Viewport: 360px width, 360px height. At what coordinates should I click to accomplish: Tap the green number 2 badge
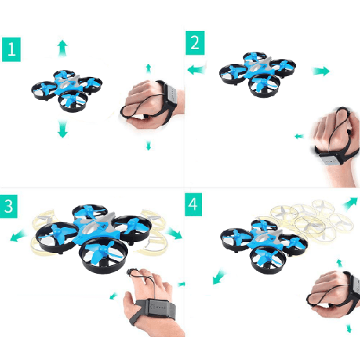click(x=194, y=42)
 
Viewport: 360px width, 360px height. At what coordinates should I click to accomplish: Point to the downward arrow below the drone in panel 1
click(x=63, y=129)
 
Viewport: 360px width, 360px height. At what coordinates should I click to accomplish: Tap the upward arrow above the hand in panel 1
click(x=149, y=69)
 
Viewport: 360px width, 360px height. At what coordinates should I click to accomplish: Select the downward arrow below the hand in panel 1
click(x=149, y=145)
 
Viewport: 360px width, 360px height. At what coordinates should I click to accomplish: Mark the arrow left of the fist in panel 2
click(x=299, y=136)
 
